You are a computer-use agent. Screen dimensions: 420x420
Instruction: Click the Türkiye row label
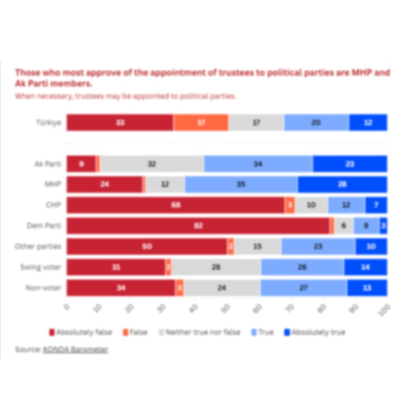tap(49, 122)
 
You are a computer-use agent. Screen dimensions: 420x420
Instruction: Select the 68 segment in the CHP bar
tap(176, 205)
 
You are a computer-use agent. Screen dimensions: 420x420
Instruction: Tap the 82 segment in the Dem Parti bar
tap(198, 226)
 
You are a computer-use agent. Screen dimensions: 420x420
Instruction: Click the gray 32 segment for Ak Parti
tap(152, 164)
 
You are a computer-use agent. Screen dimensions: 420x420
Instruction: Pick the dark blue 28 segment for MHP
tap(342, 184)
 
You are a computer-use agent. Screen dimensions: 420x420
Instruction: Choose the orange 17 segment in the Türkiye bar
tap(201, 122)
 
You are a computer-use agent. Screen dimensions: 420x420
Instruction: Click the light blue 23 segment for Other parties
tap(318, 247)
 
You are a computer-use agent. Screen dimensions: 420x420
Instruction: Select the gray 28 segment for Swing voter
tap(216, 267)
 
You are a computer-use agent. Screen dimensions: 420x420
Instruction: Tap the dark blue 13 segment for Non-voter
tap(367, 288)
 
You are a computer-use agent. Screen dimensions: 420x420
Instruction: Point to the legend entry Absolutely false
tap(80, 332)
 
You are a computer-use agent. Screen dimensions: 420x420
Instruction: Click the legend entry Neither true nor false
tap(199, 332)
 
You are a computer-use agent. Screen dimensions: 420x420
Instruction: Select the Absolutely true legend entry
tap(315, 332)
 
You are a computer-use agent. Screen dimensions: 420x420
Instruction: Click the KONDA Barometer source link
tap(75, 350)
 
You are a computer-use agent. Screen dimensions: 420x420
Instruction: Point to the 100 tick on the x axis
tap(385, 310)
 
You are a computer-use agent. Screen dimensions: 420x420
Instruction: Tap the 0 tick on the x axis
tap(67, 307)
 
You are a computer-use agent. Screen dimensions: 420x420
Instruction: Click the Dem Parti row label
tap(44, 226)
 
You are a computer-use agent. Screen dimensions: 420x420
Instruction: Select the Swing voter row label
tap(41, 267)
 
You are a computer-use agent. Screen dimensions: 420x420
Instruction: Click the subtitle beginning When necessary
tap(125, 96)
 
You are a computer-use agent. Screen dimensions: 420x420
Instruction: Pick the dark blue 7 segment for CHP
tap(376, 205)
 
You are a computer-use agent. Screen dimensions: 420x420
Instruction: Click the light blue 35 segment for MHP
tap(241, 184)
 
